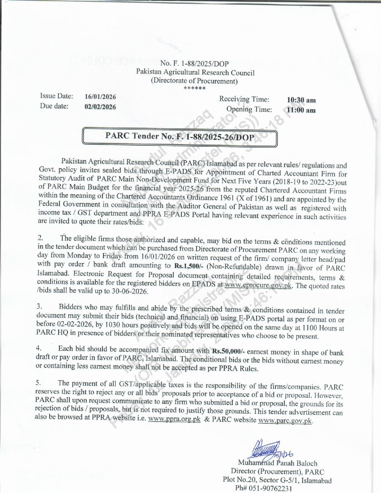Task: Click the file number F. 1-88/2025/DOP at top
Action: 194,63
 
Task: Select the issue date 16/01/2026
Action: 100,97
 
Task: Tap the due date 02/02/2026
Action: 100,106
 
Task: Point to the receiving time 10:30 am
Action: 302,100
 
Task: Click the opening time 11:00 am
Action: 302,110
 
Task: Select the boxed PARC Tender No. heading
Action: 180,136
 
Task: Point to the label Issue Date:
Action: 56,96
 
